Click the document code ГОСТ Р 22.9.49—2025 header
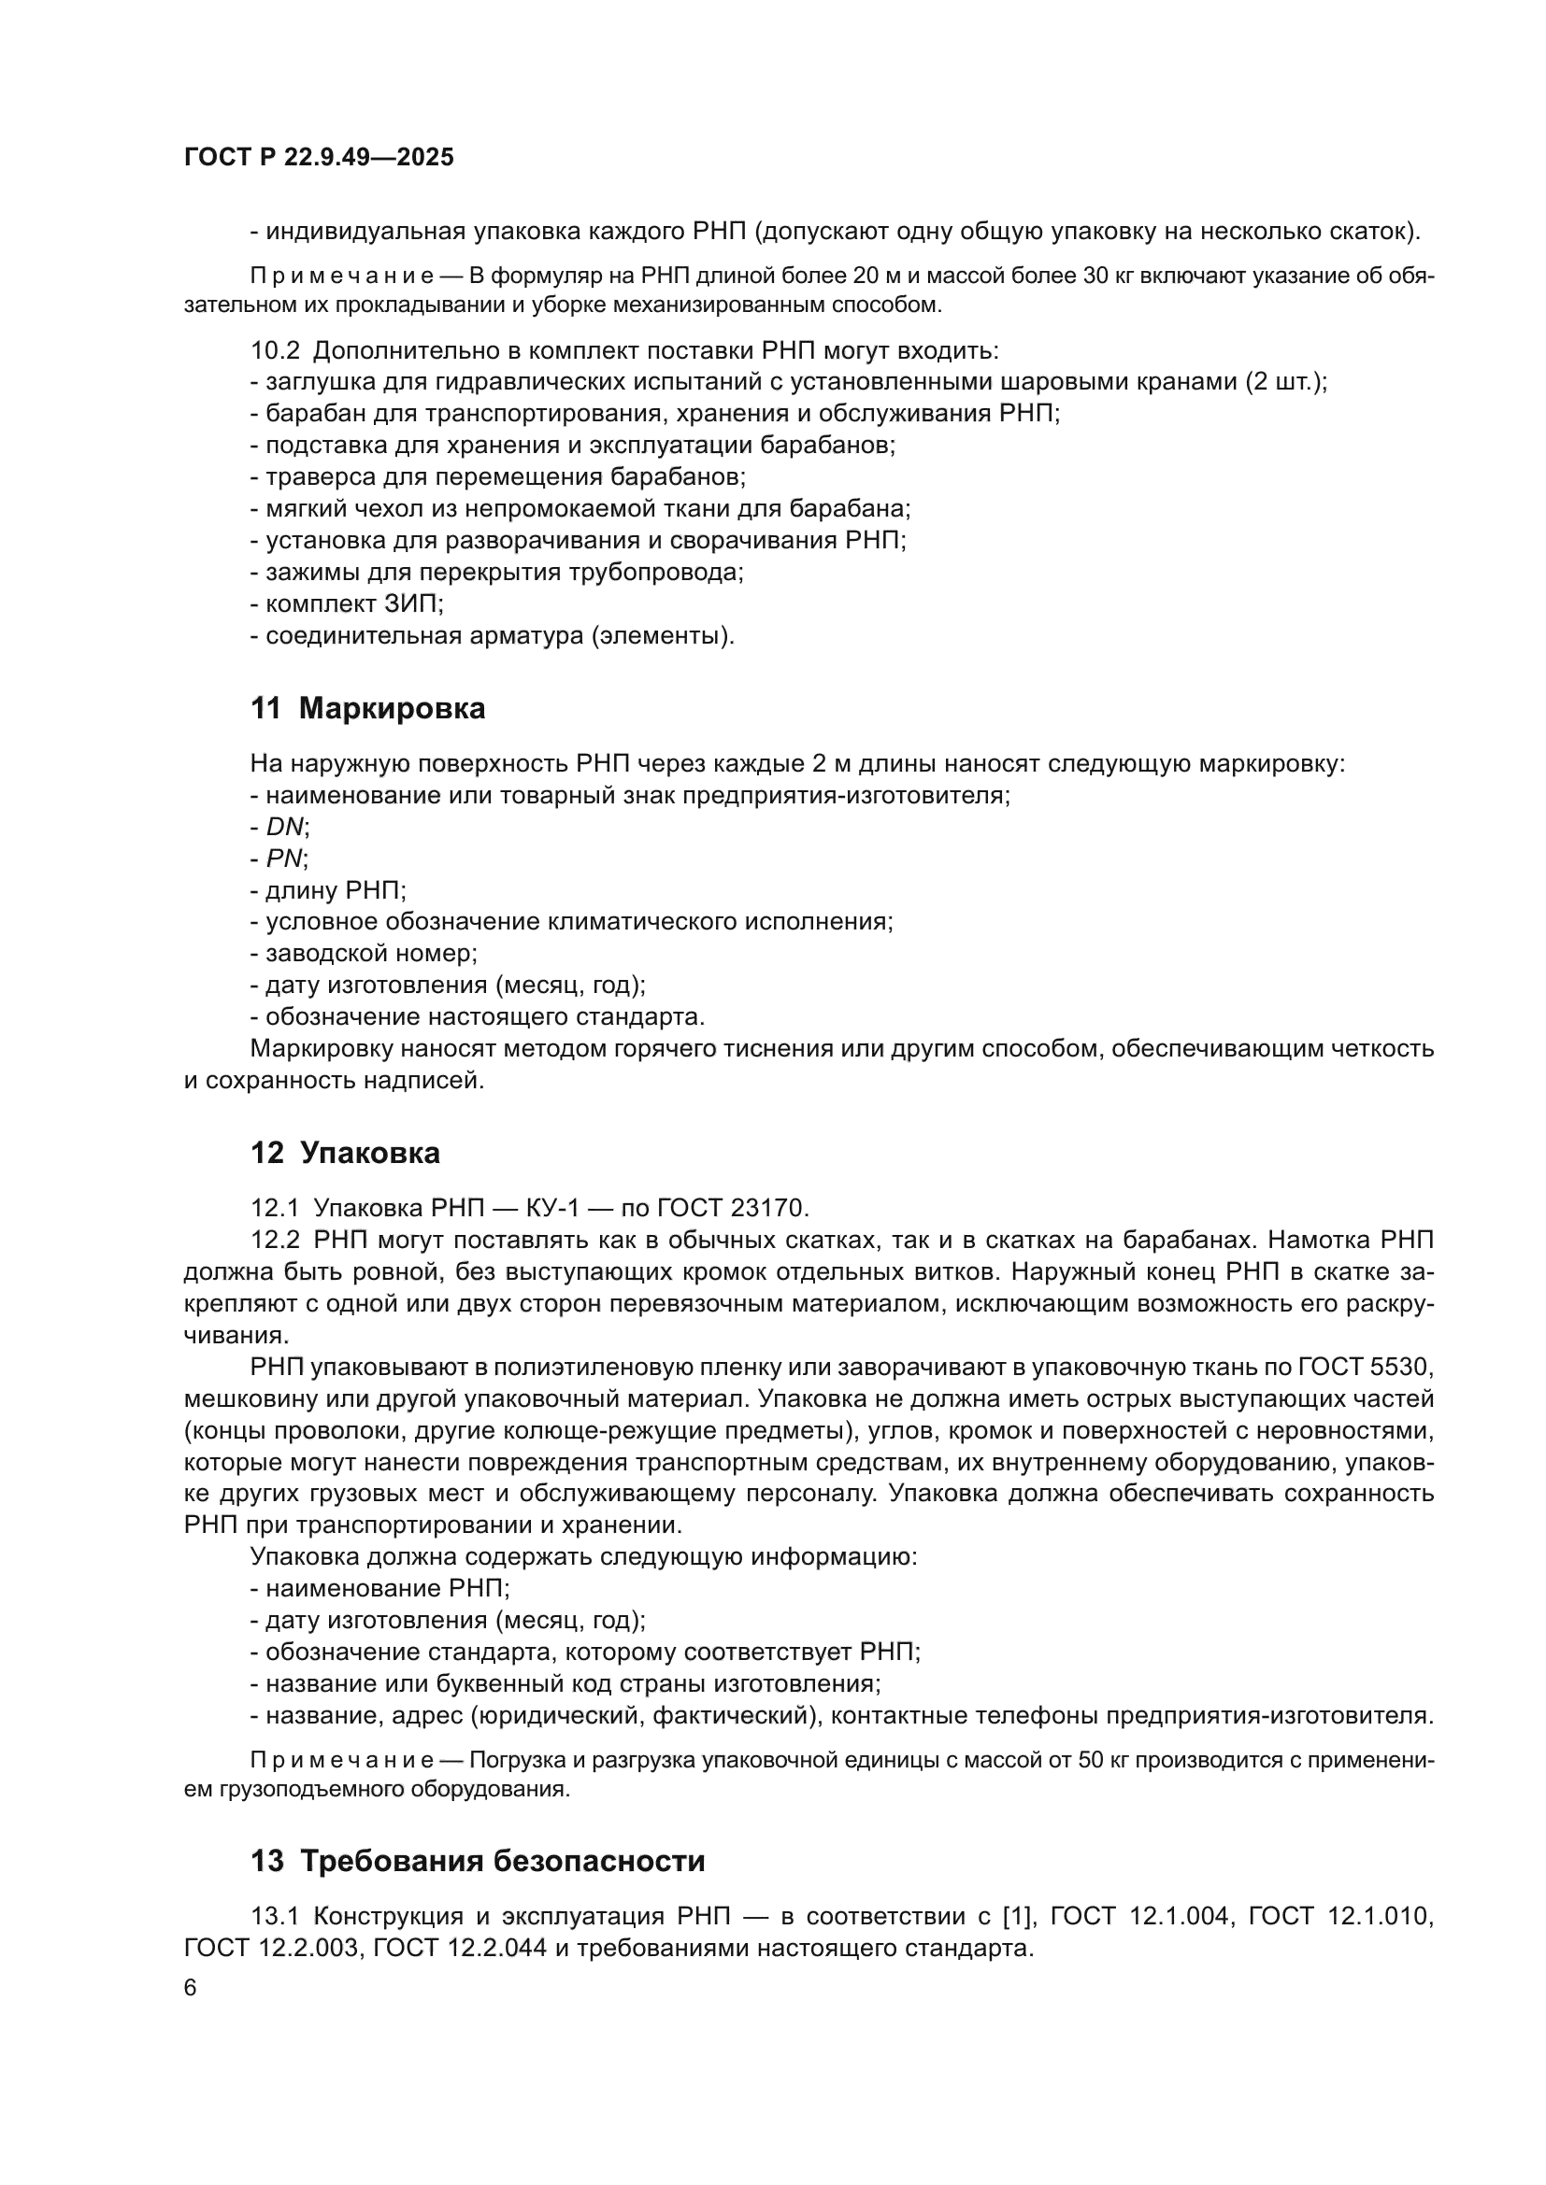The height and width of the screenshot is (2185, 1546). point(319,158)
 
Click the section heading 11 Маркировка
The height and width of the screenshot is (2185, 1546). point(367,708)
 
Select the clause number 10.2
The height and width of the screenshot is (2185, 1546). point(274,350)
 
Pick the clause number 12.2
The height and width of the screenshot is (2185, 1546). point(274,1240)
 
